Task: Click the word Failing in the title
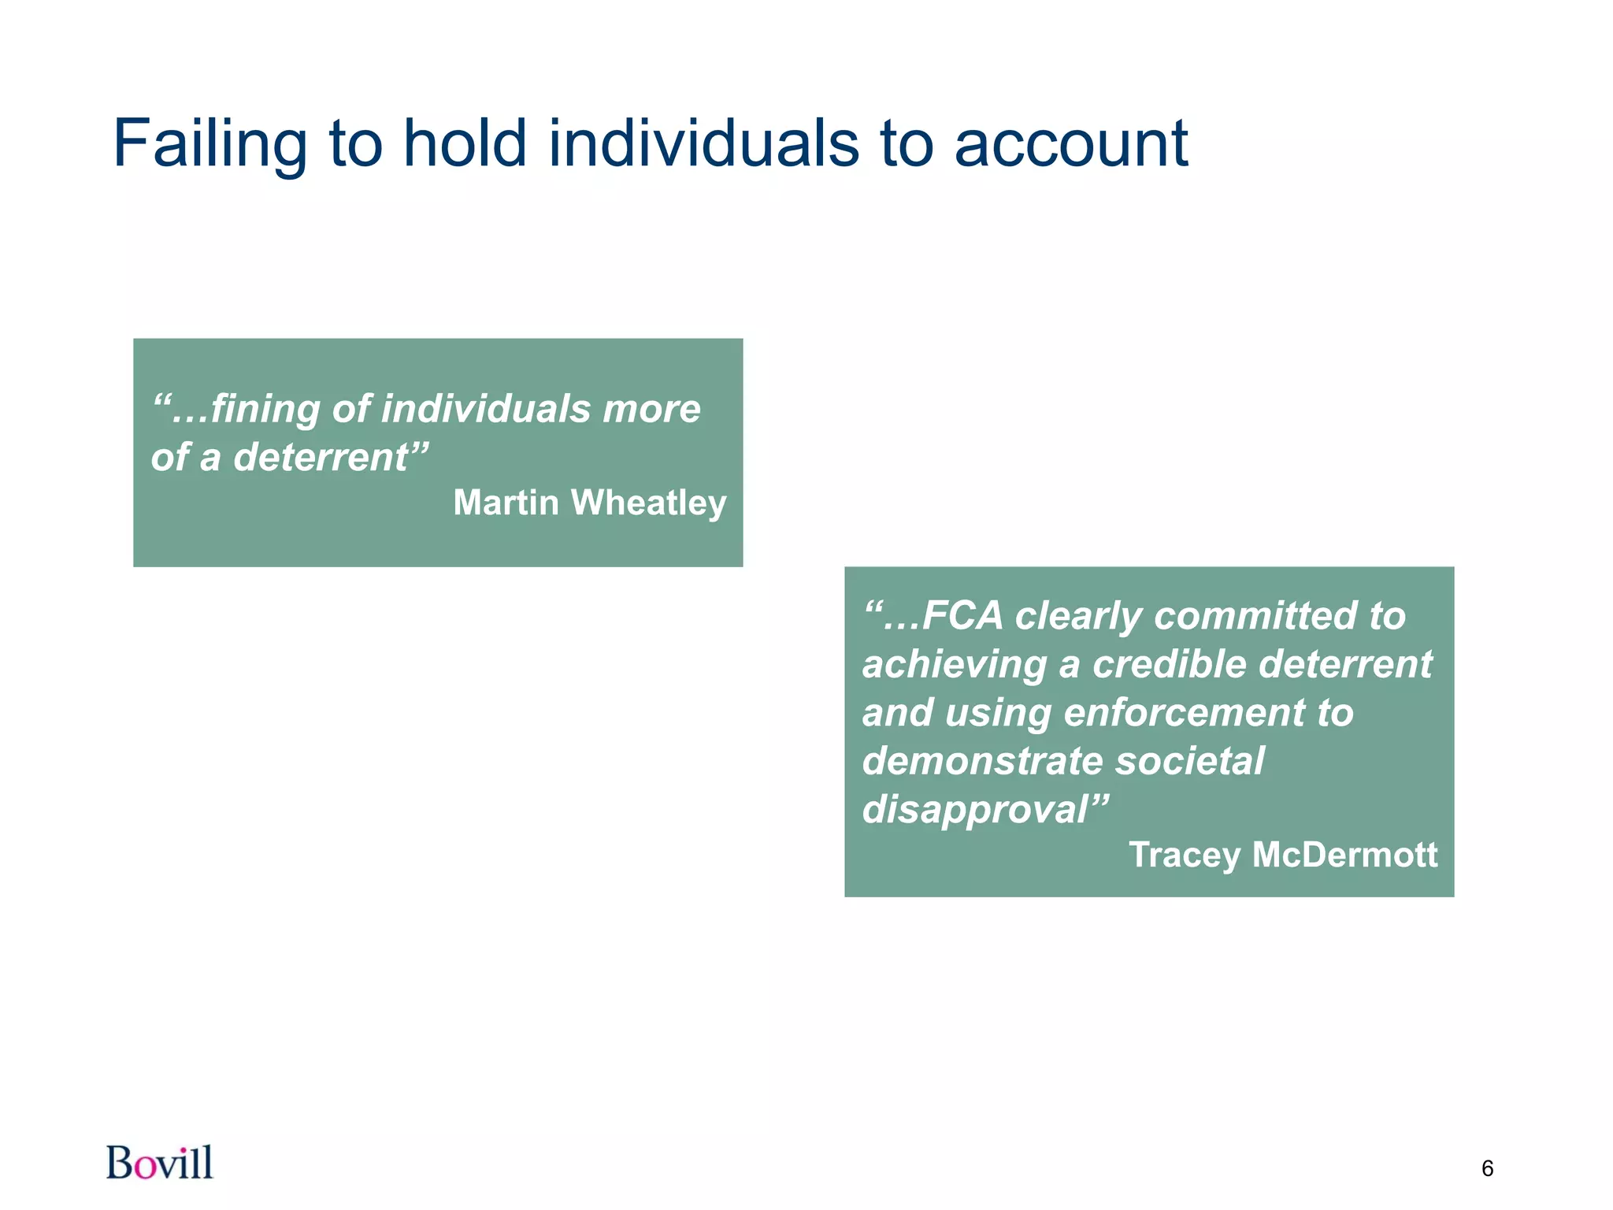[x=210, y=144]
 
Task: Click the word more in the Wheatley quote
[x=651, y=409]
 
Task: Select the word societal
[x=1189, y=761]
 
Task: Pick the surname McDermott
[x=1344, y=855]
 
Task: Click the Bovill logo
[x=160, y=1163]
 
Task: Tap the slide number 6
[x=1487, y=1169]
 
